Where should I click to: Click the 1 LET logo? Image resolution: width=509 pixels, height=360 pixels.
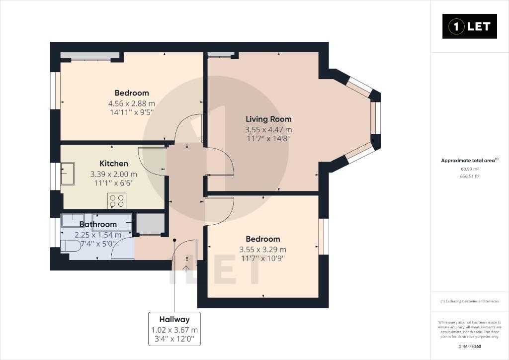(469, 26)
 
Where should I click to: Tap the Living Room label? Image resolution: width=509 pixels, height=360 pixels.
(268, 119)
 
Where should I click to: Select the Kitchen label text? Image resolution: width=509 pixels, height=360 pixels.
(114, 164)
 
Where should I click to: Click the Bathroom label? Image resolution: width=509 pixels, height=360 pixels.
(98, 224)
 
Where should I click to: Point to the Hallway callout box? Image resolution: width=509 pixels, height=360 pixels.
(174, 329)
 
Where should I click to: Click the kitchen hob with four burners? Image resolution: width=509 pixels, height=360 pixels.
(117, 201)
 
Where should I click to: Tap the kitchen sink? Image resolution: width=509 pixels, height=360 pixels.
(68, 174)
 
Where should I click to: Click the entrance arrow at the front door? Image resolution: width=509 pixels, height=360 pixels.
(186, 269)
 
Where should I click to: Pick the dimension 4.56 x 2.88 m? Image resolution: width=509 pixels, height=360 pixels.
(131, 104)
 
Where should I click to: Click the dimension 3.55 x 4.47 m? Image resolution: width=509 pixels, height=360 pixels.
(268, 130)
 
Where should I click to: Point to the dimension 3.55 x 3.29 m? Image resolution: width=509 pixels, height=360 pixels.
(262, 250)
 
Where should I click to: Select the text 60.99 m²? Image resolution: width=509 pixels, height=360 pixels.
(470, 169)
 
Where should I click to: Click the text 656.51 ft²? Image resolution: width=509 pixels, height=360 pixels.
(470, 176)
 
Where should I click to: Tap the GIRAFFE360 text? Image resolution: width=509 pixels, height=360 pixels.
(470, 347)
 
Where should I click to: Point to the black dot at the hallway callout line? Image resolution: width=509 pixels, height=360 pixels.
(174, 240)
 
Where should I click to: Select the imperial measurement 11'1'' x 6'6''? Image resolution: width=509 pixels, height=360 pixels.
(114, 183)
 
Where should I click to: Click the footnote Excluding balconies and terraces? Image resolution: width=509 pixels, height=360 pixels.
(469, 301)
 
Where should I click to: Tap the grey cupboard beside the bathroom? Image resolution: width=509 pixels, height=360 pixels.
(150, 224)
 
